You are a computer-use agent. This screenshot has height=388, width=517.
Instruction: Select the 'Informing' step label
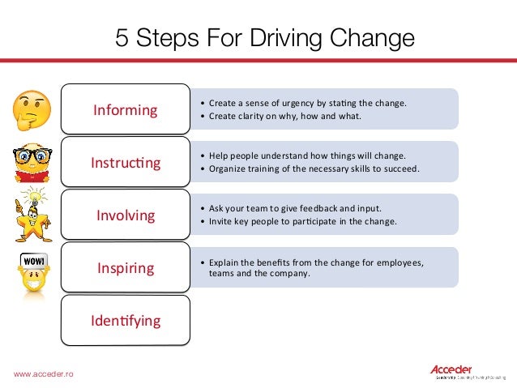(x=125, y=110)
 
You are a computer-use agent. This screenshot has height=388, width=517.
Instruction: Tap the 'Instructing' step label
(x=125, y=163)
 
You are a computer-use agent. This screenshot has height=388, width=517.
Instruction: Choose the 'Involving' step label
(x=125, y=215)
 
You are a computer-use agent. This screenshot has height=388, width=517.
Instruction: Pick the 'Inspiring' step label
(x=125, y=267)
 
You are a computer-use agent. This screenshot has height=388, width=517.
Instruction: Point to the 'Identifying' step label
(x=125, y=320)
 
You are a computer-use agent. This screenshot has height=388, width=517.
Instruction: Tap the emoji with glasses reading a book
(x=33, y=163)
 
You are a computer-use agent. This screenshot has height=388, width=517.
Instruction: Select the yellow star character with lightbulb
(x=32, y=217)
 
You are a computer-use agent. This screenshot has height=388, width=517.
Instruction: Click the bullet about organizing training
(x=314, y=168)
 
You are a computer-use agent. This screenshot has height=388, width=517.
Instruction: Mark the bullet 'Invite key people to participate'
(x=303, y=221)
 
